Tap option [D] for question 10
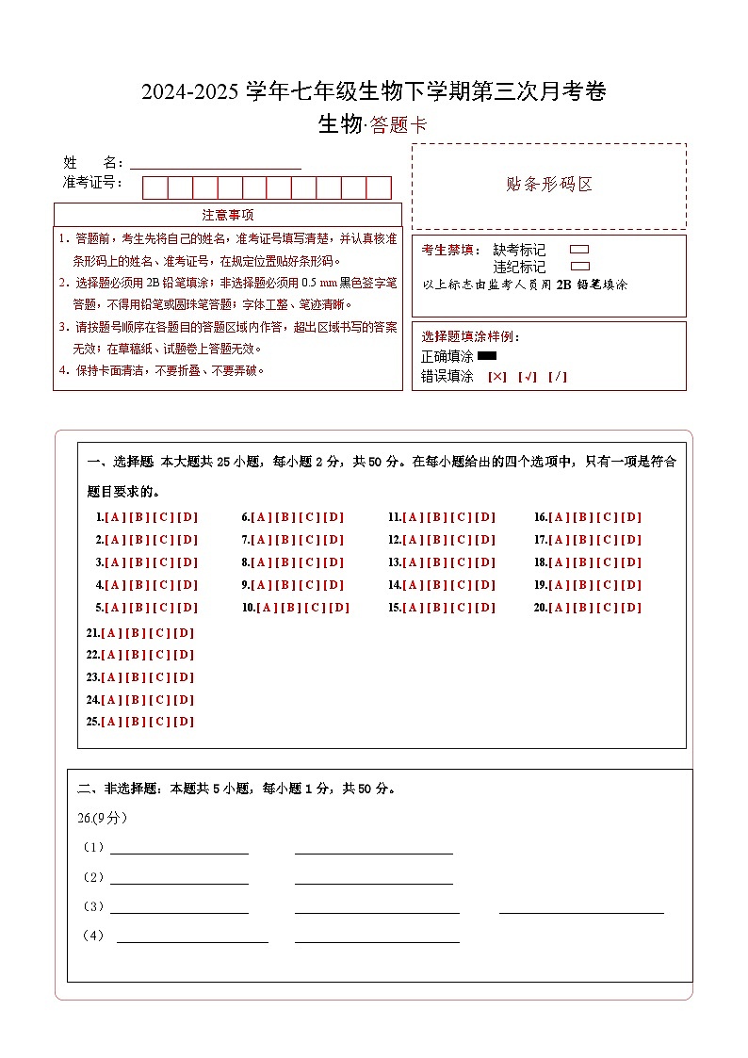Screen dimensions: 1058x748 (339, 608)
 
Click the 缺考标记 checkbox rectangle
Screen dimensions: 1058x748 (580, 250)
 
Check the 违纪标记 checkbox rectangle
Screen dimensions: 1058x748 (580, 267)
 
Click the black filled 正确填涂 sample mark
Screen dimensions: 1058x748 (487, 356)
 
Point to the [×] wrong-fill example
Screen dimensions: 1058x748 (497, 377)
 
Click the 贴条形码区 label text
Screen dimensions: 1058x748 (549, 185)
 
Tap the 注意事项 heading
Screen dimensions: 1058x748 (227, 215)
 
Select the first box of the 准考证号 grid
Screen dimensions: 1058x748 (154, 187)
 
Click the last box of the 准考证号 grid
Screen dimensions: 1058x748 (379, 187)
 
